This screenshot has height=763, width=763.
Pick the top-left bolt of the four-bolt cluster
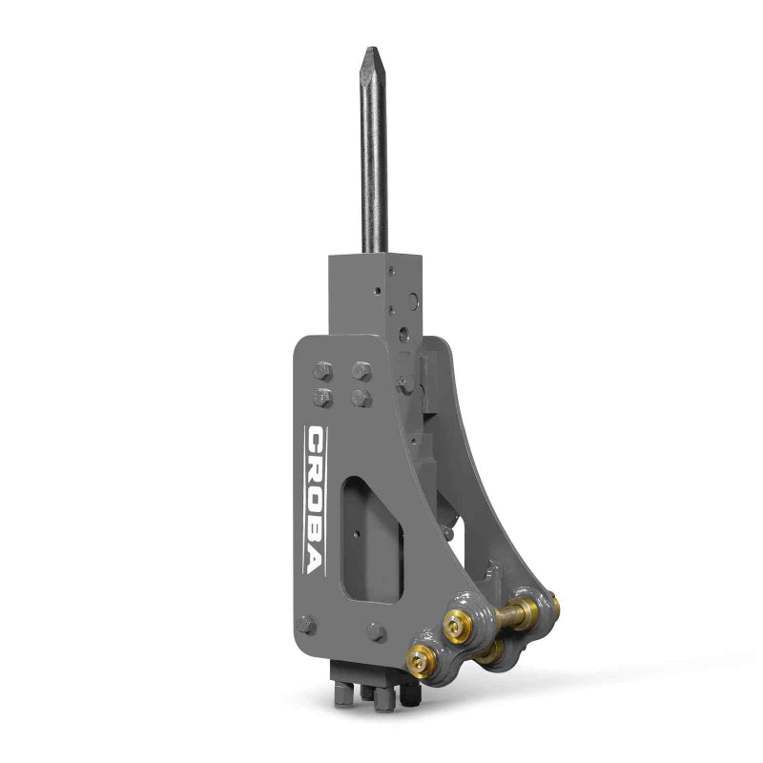pos(321,368)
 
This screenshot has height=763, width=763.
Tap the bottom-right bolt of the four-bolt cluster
pos(360,397)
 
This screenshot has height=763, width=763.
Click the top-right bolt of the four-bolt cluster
pos(361,367)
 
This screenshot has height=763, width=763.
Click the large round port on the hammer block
pos(404,335)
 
